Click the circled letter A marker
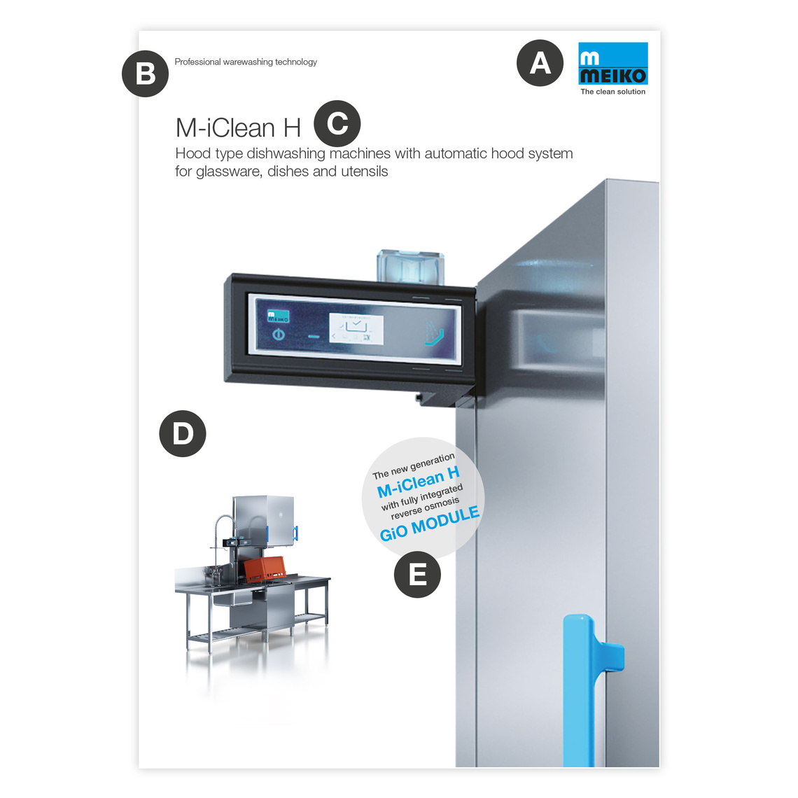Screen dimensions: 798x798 [540, 63]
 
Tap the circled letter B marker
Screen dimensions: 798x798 [145, 73]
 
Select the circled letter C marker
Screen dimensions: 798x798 [337, 124]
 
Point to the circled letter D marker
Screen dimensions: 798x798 [183, 433]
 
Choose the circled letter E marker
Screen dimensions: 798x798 [417, 575]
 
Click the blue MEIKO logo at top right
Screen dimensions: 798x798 [613, 63]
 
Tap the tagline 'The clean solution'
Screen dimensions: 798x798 [612, 92]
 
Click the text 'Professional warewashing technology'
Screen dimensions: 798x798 [245, 62]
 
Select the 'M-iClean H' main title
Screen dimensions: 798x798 [238, 127]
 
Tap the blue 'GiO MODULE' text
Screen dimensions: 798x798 [430, 524]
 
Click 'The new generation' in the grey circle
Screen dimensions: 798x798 [414, 466]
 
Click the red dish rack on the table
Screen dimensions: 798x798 [264, 569]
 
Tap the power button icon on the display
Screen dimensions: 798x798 [279, 335]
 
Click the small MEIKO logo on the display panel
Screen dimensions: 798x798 [279, 316]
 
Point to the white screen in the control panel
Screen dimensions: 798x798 [356, 329]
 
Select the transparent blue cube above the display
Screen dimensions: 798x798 [410, 267]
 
